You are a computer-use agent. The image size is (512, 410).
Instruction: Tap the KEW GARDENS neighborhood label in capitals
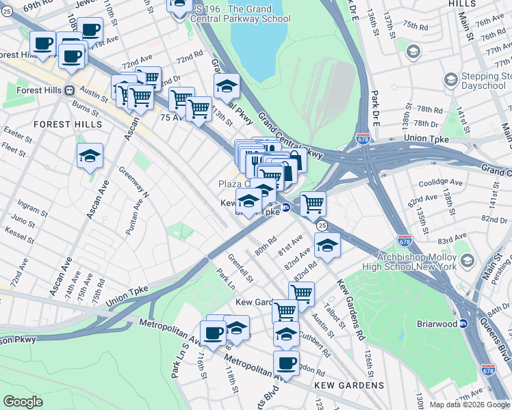coord(349,385)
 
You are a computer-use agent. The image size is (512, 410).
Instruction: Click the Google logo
coord(23,402)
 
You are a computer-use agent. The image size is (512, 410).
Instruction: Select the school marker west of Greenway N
coord(90,157)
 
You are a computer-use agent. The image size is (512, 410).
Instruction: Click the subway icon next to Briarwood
coord(463,324)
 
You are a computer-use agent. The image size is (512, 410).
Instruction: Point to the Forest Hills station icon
coord(70,90)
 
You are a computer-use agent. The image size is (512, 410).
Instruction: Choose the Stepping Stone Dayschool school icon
coord(450,81)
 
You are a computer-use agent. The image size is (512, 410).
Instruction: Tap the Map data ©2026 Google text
coord(470,405)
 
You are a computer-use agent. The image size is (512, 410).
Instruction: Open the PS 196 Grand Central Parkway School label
coord(233,14)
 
